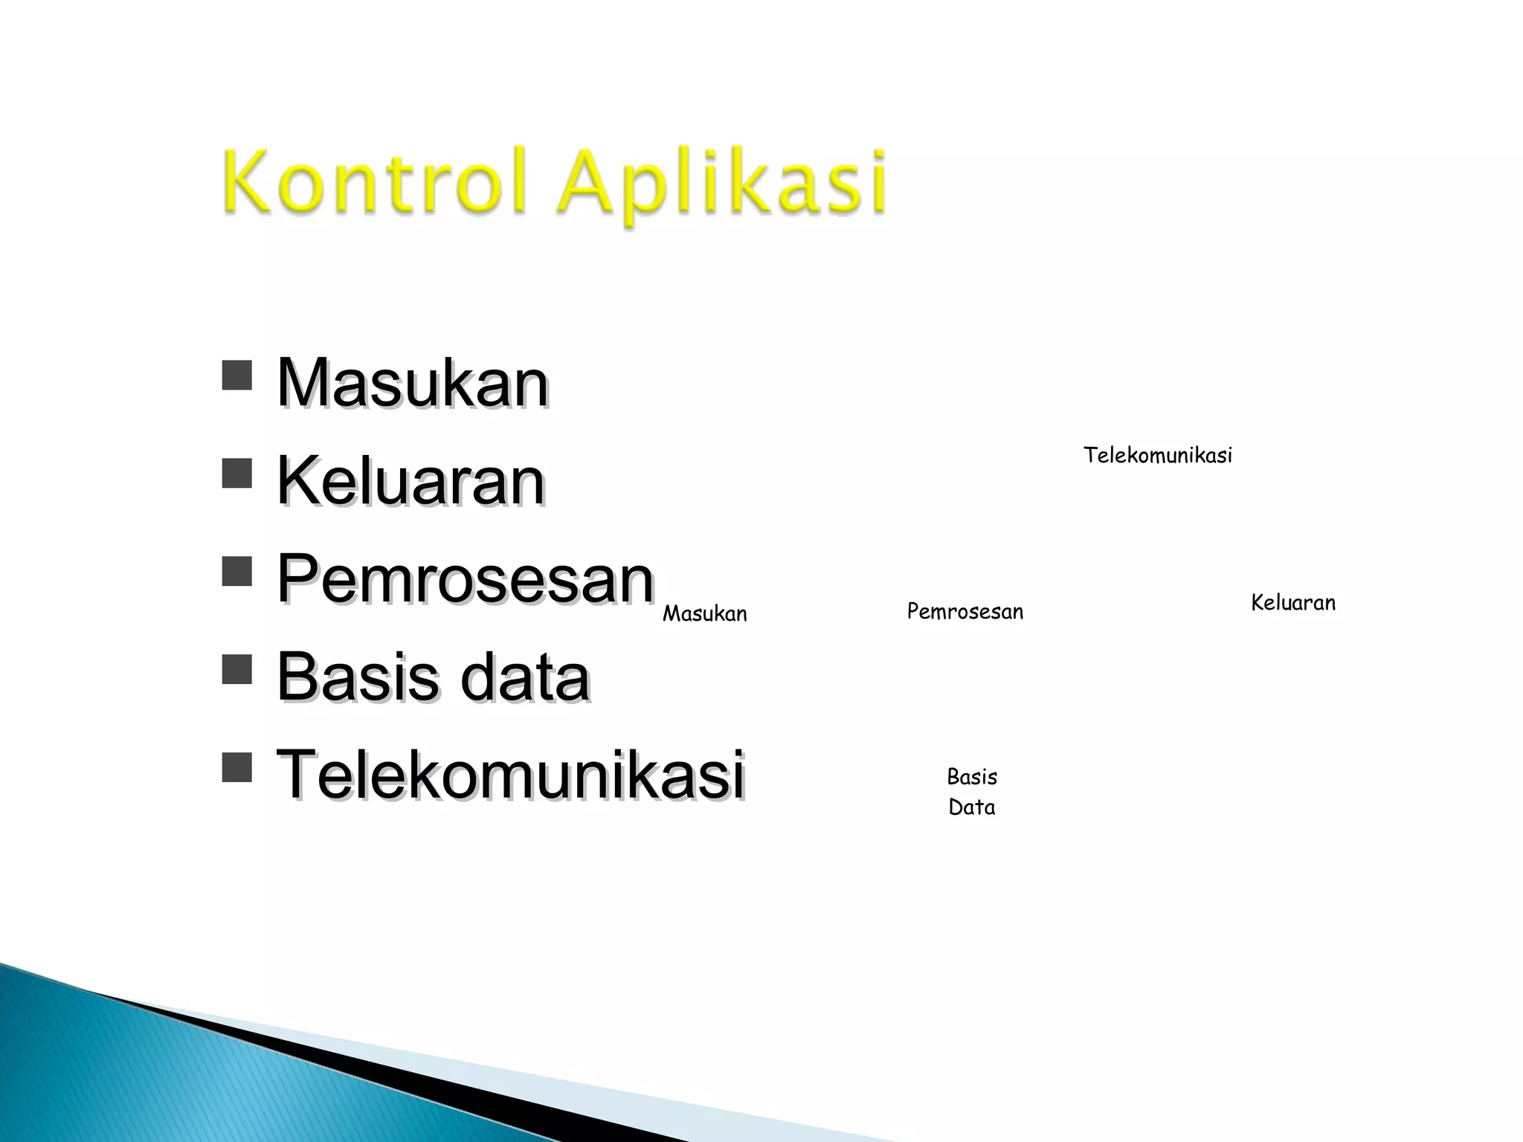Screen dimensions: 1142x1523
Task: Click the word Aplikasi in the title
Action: pyautogui.click(x=722, y=184)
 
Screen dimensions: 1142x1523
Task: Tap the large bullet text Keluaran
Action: pyautogui.click(x=410, y=481)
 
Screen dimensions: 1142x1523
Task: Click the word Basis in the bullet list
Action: pyautogui.click(x=358, y=677)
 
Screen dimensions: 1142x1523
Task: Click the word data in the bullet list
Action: pyautogui.click(x=525, y=677)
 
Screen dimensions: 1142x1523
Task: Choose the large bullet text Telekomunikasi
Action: pyautogui.click(x=510, y=774)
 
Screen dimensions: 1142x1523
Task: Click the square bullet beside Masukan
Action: pyautogui.click(x=236, y=375)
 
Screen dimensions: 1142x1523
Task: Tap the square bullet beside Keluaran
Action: pyautogui.click(x=236, y=473)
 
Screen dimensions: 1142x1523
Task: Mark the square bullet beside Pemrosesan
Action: pyautogui.click(x=236, y=571)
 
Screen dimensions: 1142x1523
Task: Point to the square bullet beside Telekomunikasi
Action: pyautogui.click(x=236, y=767)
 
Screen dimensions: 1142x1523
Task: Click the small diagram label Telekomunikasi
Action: pyautogui.click(x=1157, y=455)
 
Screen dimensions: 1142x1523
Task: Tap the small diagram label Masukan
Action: pyautogui.click(x=704, y=613)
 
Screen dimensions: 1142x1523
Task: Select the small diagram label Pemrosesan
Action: pyautogui.click(x=965, y=611)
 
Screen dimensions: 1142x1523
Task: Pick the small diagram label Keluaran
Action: pyautogui.click(x=1292, y=602)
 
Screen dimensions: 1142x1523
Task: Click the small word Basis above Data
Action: pyautogui.click(x=971, y=777)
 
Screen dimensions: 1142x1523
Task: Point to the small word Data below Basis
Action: pyautogui.click(x=971, y=807)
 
